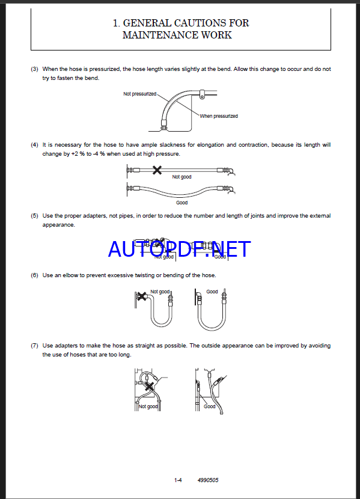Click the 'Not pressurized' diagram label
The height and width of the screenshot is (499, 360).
(x=139, y=94)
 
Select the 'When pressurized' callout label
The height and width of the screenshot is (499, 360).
(x=219, y=116)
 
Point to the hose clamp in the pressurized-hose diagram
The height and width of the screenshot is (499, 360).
(x=201, y=94)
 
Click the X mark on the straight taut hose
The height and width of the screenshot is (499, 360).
(x=157, y=170)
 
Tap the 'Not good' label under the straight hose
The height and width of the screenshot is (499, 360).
(x=182, y=177)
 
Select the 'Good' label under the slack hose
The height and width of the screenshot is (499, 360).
(x=182, y=203)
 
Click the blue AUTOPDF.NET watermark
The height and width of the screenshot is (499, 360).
(x=179, y=249)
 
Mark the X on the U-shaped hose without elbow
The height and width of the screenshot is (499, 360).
(x=141, y=296)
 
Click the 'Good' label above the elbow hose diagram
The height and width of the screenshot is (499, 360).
(x=212, y=292)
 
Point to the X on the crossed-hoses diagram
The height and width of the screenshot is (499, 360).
(x=149, y=387)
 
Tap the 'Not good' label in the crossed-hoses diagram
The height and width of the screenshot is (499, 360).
(x=148, y=406)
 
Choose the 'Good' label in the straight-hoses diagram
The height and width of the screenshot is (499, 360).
(x=210, y=406)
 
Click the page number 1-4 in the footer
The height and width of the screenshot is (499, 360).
(x=178, y=480)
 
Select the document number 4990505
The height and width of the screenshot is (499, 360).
(x=208, y=480)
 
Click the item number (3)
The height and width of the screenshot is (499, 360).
(x=34, y=69)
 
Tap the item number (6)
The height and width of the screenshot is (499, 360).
(x=34, y=275)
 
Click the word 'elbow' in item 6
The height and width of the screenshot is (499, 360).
(x=70, y=275)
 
